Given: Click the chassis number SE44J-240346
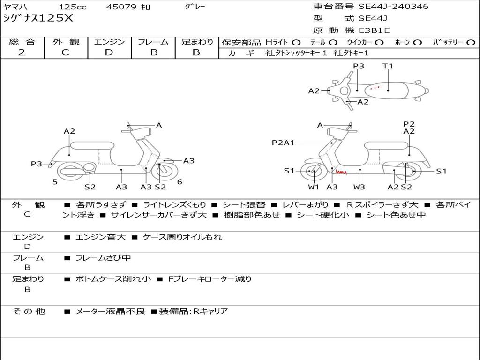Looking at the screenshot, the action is tap(393, 7).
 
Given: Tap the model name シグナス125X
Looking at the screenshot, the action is tap(38, 18).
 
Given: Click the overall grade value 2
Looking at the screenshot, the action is tap(22, 52).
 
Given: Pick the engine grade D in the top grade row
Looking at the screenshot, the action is tap(109, 52).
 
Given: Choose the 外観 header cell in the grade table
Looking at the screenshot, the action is tap(66, 42).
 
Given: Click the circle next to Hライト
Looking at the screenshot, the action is tap(296, 43).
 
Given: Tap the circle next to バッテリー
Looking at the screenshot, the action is tap(471, 43).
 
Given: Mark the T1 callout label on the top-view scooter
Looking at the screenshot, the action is tap(388, 66).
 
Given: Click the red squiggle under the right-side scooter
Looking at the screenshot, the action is tap(341, 172).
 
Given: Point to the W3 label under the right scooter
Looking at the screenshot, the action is tap(359, 187).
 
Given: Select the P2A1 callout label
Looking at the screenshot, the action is tap(283, 142).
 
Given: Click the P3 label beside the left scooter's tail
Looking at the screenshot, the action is tap(37, 164).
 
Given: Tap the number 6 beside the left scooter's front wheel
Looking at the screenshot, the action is tap(180, 182).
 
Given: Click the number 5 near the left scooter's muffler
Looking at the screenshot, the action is tap(55, 182).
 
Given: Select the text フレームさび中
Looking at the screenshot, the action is tap(103, 258).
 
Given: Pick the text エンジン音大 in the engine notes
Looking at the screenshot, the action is tap(100, 237).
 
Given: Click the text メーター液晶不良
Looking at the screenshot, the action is tap(110, 311).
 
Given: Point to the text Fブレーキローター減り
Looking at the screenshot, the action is tap(210, 279).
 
